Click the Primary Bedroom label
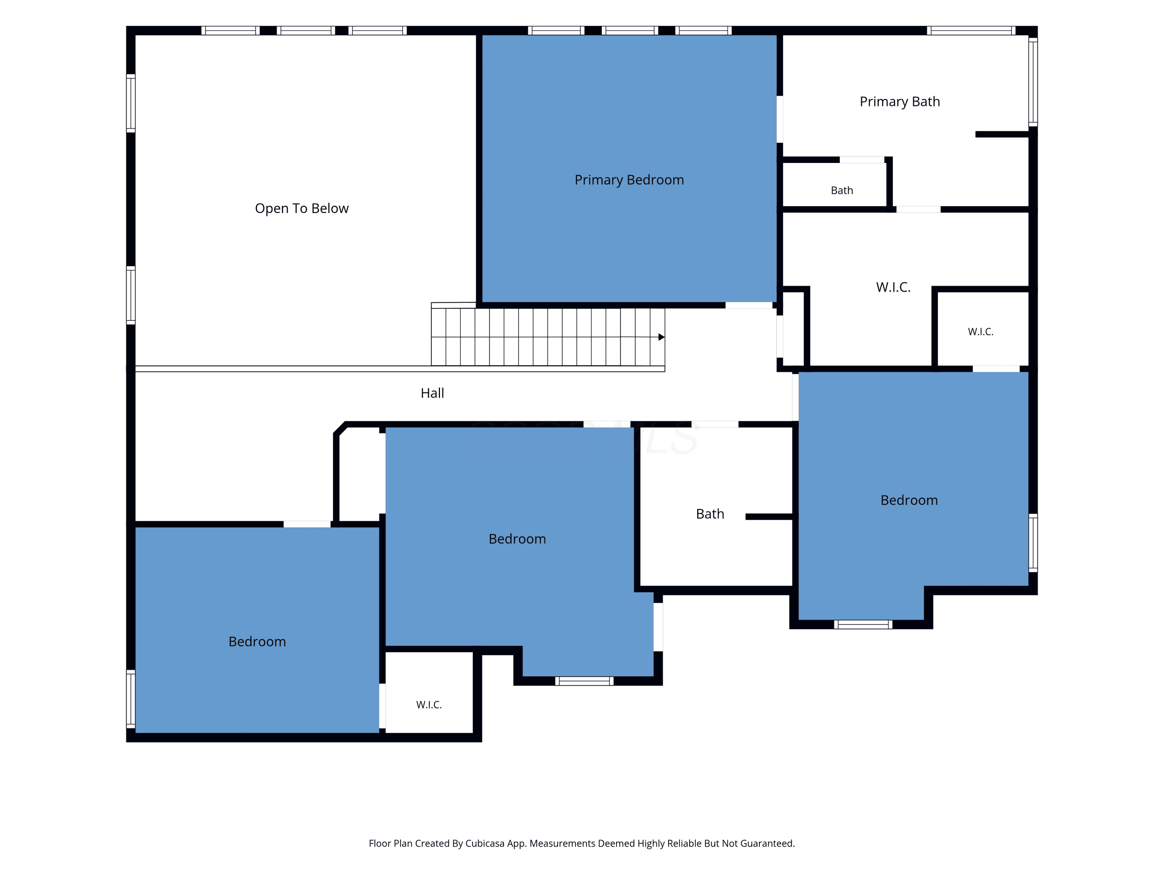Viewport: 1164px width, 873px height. coord(629,180)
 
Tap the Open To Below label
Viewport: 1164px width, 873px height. coord(301,208)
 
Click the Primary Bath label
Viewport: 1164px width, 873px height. coord(899,102)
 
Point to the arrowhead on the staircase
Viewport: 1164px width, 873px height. coord(662,337)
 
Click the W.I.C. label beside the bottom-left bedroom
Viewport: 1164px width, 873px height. coord(429,705)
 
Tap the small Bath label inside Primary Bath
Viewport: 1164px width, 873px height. coord(842,191)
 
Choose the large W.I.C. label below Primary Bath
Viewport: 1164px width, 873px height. coord(893,288)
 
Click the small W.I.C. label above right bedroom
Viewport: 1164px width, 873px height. coord(980,331)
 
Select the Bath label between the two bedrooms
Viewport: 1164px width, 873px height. coord(710,514)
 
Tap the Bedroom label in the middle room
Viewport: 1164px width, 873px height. coord(517,539)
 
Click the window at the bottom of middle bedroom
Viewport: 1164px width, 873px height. coord(584,681)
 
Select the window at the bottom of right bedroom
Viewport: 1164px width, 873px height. coord(863,625)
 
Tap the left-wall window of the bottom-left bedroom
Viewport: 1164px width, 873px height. coord(130,699)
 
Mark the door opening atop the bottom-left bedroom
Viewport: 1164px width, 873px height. coord(307,524)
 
